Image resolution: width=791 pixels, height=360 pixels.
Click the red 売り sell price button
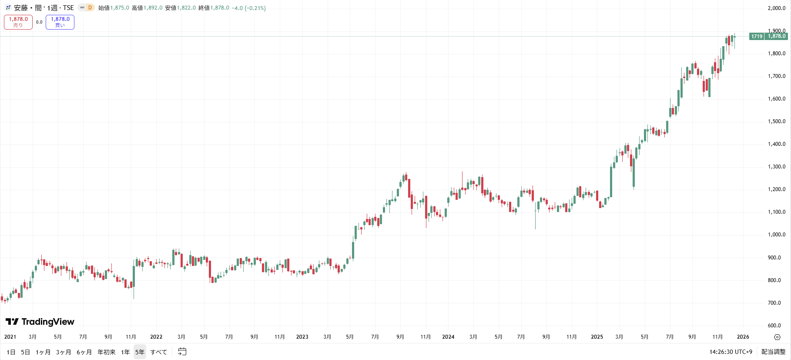point(18,22)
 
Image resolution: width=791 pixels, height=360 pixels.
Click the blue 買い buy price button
point(60,22)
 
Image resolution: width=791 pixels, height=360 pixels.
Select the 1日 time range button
point(11,352)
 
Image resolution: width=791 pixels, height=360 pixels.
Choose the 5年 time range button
point(140,352)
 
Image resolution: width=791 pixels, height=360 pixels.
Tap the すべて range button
point(159,352)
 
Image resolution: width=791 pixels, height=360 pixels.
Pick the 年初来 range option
point(107,352)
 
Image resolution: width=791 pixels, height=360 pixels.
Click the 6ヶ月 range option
point(84,352)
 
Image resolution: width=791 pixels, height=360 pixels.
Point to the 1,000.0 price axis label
point(777,235)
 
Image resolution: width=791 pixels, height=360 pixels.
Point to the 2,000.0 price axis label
point(777,8)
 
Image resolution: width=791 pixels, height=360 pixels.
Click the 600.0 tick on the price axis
point(777,326)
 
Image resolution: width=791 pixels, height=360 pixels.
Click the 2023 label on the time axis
point(302,337)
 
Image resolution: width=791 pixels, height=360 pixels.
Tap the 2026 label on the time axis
point(743,337)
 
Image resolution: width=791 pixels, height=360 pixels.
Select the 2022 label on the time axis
point(156,337)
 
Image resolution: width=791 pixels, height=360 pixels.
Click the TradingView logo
point(40,322)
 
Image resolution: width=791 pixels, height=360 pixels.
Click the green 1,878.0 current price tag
point(777,36)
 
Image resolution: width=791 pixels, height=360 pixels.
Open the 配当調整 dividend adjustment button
point(774,352)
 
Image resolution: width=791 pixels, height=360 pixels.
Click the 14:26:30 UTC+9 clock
point(731,352)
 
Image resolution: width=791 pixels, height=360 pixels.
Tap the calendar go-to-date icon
point(182,352)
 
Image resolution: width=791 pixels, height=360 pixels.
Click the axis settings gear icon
point(777,337)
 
